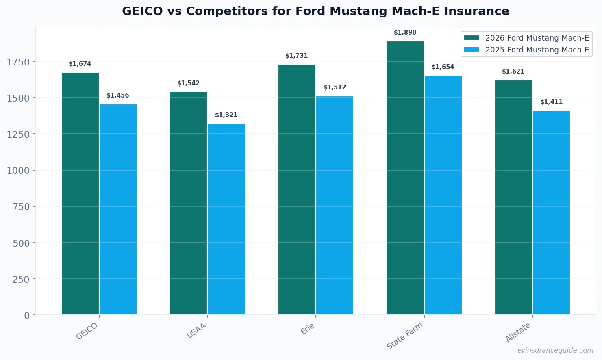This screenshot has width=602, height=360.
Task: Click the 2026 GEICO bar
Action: pyautogui.click(x=80, y=193)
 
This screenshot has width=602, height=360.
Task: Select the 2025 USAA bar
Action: pyautogui.click(x=226, y=219)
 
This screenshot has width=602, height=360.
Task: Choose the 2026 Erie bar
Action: pyautogui.click(x=297, y=189)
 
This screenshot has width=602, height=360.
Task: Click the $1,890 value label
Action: pyautogui.click(x=405, y=33)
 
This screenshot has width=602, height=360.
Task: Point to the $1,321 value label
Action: pyautogui.click(x=226, y=115)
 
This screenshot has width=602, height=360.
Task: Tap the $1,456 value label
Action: pyautogui.click(x=118, y=95)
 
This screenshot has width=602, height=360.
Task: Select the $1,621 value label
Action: pyautogui.click(x=513, y=72)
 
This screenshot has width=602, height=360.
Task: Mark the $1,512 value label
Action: pyautogui.click(x=335, y=87)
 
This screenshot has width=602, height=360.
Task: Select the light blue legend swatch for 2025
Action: pyautogui.click(x=472, y=50)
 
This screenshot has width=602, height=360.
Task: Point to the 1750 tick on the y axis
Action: pyautogui.click(x=18, y=62)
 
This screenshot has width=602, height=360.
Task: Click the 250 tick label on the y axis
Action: pyautogui.click(x=21, y=280)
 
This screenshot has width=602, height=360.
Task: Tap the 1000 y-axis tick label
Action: pyautogui.click(x=18, y=171)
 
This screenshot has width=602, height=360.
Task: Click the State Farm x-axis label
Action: pyautogui.click(x=405, y=336)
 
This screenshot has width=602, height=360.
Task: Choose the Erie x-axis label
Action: pyautogui.click(x=308, y=329)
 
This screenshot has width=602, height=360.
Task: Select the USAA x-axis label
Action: pyautogui.click(x=197, y=331)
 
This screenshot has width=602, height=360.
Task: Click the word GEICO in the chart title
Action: pyautogui.click(x=142, y=11)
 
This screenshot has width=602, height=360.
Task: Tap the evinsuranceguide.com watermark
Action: pyautogui.click(x=555, y=350)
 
